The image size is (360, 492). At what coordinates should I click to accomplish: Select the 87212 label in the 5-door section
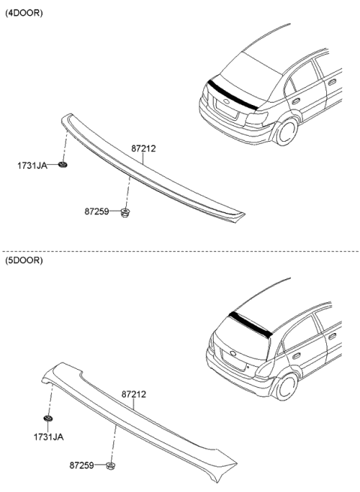pyautogui.click(x=133, y=393)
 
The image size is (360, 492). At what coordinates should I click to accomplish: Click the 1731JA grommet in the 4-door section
pyautogui.click(x=63, y=163)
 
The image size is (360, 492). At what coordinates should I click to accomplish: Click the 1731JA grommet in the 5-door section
pyautogui.click(x=49, y=418)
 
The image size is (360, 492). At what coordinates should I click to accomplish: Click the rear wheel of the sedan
pyautogui.click(x=286, y=132)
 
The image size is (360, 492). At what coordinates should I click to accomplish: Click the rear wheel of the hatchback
pyautogui.click(x=286, y=387)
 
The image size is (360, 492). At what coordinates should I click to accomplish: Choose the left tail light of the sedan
pyautogui.click(x=208, y=98)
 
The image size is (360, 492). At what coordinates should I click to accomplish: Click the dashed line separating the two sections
pyautogui.click(x=180, y=251)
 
